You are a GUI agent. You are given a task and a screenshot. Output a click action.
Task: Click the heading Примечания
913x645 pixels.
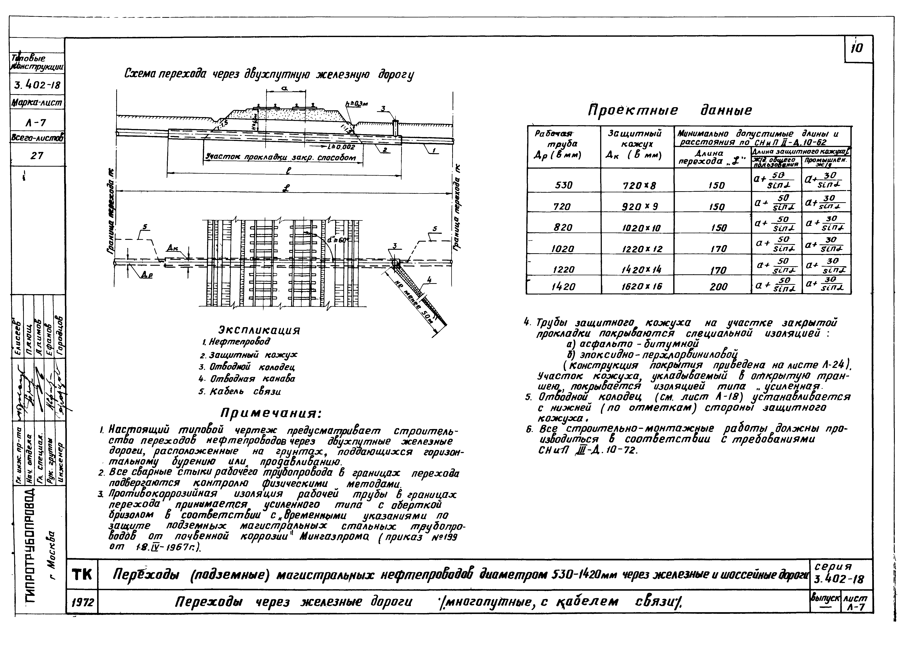(271, 414)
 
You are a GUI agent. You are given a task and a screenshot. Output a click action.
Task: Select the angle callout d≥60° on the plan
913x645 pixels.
(338, 240)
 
